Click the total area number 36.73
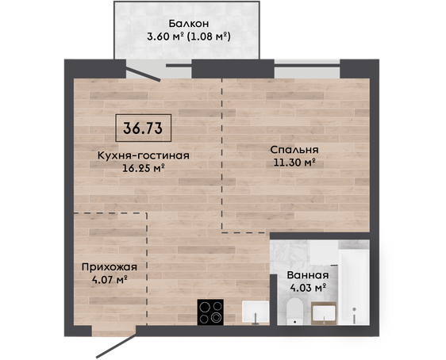coord(143,128)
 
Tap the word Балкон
coord(189,24)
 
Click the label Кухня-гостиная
coord(144,155)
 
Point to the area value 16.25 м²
coord(144,168)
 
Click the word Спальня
coord(294,150)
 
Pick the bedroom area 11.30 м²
coord(294,163)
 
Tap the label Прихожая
coord(110,267)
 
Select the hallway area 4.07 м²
coord(110,280)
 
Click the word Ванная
coord(308,275)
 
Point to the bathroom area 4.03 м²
coord(308,288)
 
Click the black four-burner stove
coord(210,312)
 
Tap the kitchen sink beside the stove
coord(256,312)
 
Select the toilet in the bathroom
coord(295,311)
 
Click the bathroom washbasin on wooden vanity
coord(324,313)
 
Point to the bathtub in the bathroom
coord(354,288)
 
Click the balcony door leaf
coord(144,75)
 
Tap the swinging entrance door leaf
coord(117,346)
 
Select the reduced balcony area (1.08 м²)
coord(208,36)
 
